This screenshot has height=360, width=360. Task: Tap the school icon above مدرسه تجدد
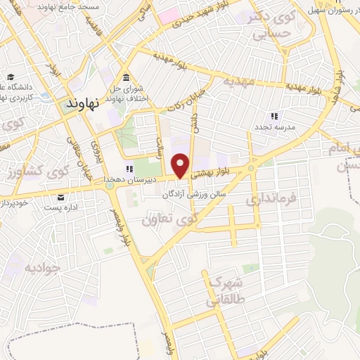click(274, 116)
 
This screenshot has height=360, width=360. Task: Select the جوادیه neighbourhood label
click(40, 268)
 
